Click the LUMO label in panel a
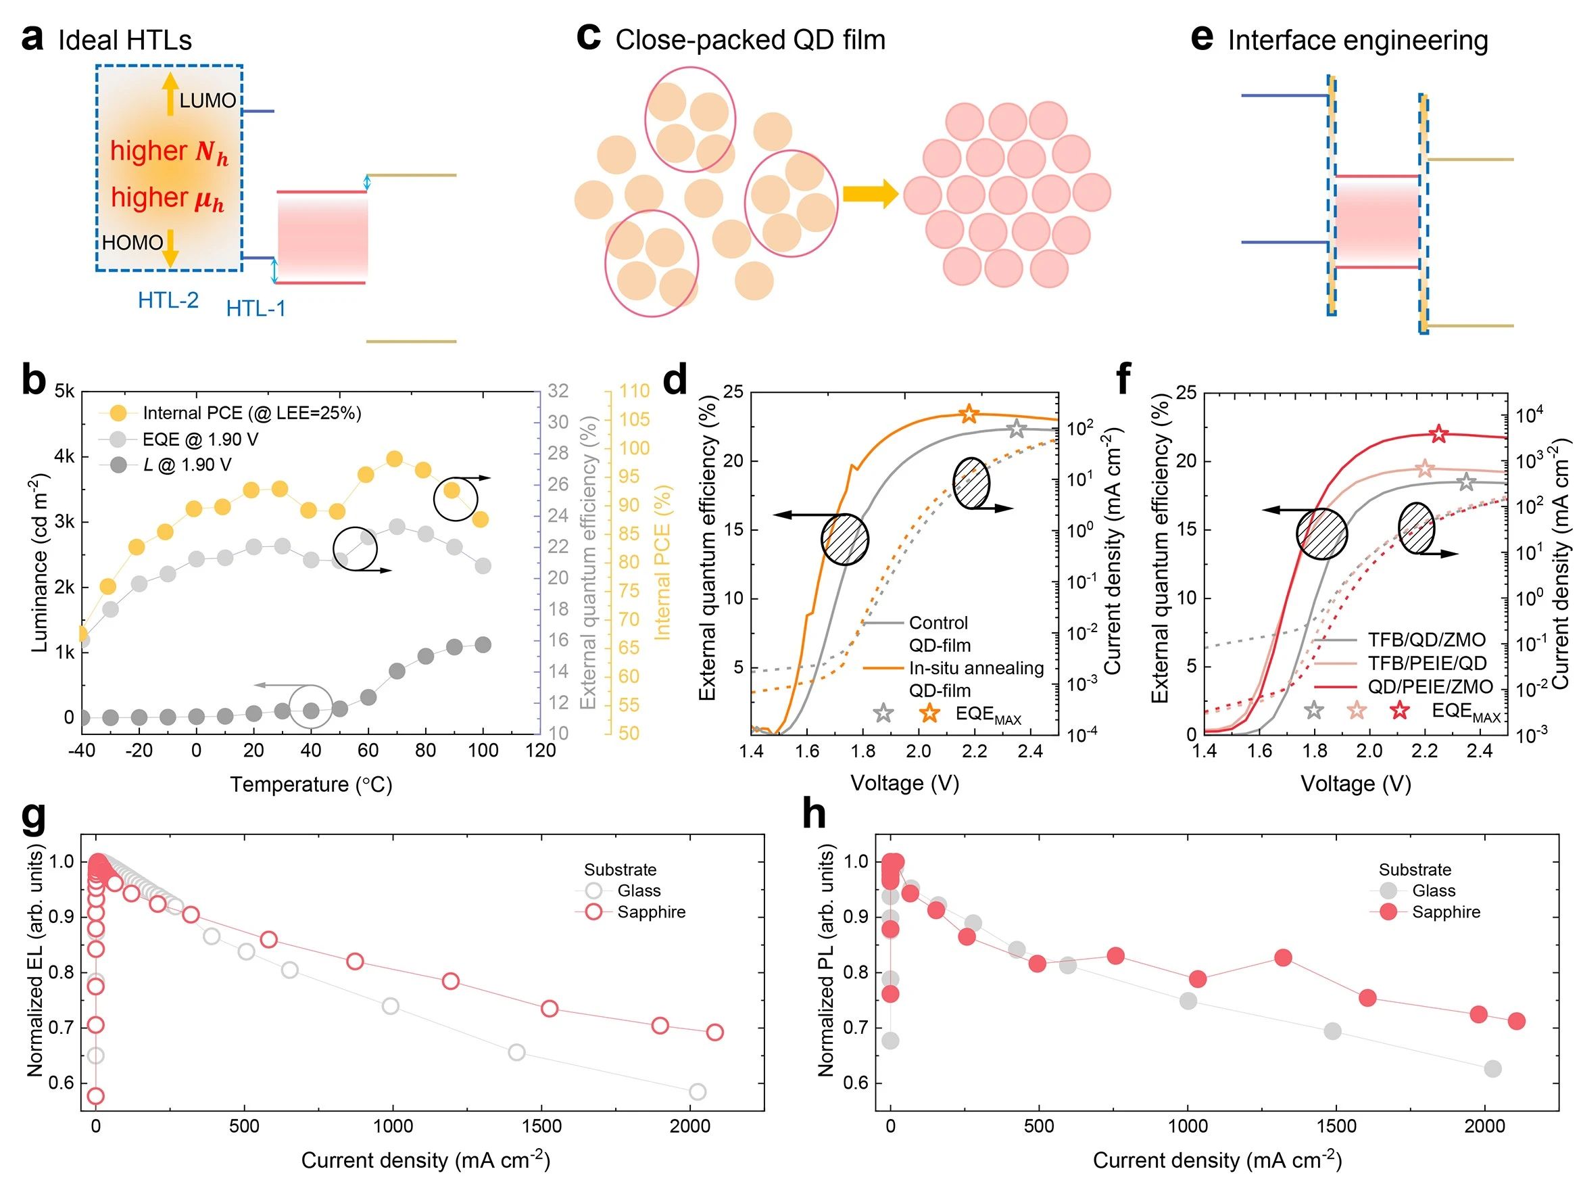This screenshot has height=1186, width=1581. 208,100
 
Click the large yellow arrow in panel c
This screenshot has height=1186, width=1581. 870,194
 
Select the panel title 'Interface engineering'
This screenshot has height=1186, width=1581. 1357,40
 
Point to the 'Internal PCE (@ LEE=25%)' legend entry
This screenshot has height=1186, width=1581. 251,413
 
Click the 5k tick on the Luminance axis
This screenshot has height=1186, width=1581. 64,391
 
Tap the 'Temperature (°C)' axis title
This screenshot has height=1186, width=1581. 311,785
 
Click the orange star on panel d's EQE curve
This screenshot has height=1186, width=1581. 969,413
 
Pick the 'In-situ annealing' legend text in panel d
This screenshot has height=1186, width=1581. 976,669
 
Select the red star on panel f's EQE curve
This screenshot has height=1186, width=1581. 1439,434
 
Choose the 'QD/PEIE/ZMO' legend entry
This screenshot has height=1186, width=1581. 1430,687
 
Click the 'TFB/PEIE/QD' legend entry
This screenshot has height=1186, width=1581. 1427,663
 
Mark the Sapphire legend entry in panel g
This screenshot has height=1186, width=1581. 650,912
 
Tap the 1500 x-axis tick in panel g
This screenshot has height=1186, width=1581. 542,1126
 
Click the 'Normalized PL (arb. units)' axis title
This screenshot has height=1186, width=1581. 826,962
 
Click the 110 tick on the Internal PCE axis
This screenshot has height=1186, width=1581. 634,391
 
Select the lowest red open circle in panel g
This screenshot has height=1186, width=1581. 95,1096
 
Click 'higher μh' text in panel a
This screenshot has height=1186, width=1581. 167,197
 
